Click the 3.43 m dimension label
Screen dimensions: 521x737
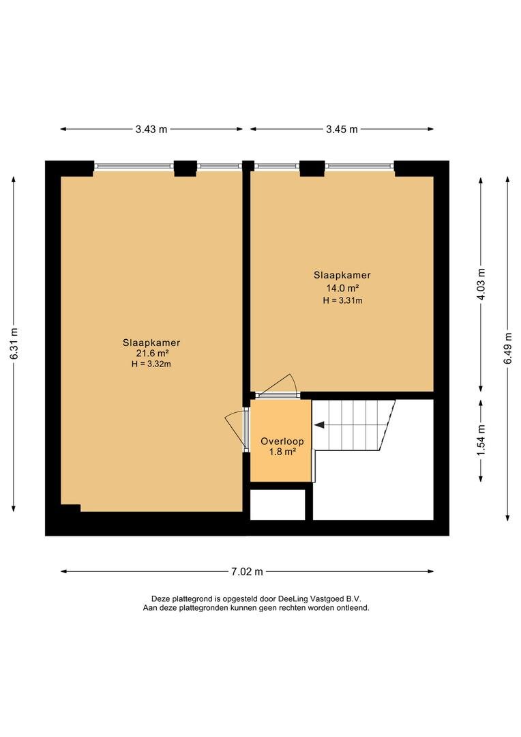pyautogui.click(x=151, y=129)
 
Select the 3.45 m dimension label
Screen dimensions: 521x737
pyautogui.click(x=342, y=129)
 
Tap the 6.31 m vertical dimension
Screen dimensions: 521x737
pyautogui.click(x=14, y=343)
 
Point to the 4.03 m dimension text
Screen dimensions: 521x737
pyautogui.click(x=481, y=285)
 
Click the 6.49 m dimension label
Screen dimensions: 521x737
pyautogui.click(x=507, y=348)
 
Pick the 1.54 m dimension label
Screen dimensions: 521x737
pyautogui.click(x=481, y=440)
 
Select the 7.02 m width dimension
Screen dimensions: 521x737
pyautogui.click(x=247, y=572)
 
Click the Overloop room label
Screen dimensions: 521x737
pyautogui.click(x=282, y=442)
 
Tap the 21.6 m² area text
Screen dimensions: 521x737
pyautogui.click(x=151, y=353)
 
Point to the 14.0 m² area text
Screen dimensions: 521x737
pyautogui.click(x=342, y=288)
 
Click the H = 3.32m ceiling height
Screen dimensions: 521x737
pyautogui.click(x=151, y=364)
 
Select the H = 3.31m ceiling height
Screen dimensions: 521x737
pyautogui.click(x=342, y=300)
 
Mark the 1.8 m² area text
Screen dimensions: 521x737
pyautogui.click(x=282, y=452)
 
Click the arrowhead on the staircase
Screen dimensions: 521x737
pyautogui.click(x=319, y=425)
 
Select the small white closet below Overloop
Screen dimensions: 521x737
pyautogui.click(x=277, y=505)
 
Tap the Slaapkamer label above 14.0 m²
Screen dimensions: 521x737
pyautogui.click(x=342, y=276)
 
